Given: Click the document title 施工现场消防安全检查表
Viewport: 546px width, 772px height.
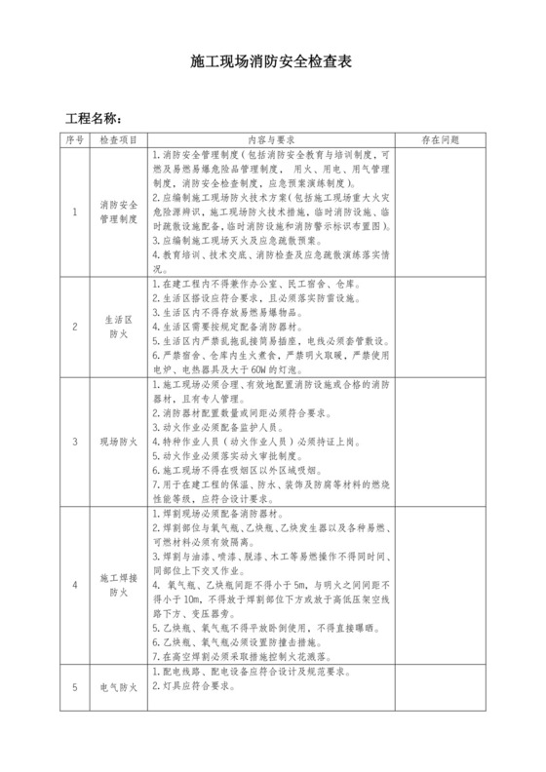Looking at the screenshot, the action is point(272,61).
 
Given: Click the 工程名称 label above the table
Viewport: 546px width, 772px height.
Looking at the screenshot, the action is point(94,119).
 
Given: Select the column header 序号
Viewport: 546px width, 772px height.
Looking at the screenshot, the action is point(75,140).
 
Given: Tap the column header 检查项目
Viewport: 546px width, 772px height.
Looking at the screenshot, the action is point(118,140).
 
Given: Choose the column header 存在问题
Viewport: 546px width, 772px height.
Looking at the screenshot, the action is point(440,140).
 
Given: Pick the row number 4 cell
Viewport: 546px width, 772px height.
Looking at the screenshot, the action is point(75,584).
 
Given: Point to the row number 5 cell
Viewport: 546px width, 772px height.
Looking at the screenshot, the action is point(75,688).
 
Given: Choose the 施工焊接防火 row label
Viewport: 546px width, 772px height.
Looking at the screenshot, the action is point(118,584).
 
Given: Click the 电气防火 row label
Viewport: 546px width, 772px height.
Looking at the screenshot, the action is point(118,688).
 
